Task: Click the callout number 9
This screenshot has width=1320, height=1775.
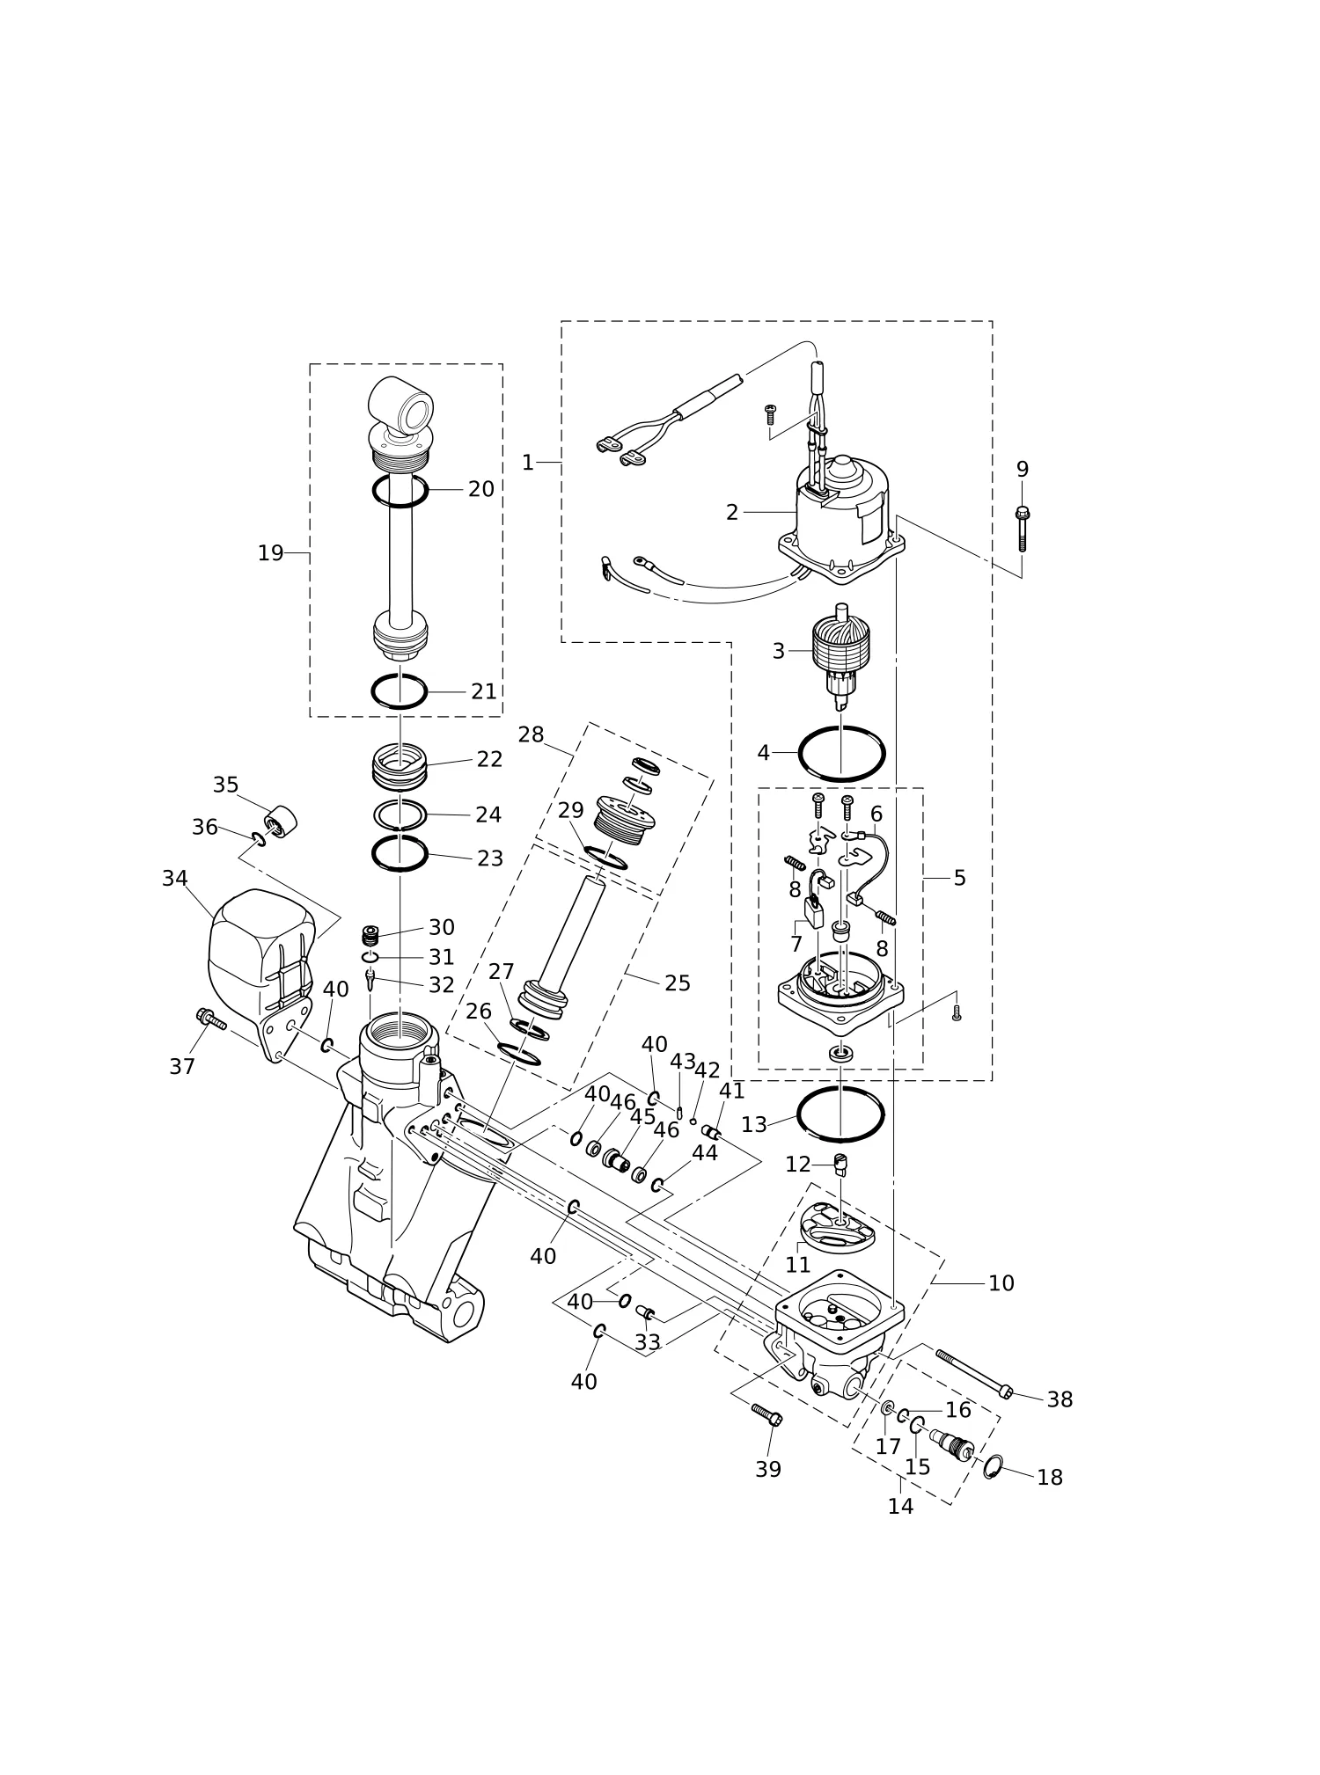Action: click(1022, 470)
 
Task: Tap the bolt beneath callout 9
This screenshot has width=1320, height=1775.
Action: click(1022, 530)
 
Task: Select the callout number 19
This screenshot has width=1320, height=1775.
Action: click(270, 553)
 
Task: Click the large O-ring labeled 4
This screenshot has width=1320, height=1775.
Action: click(841, 754)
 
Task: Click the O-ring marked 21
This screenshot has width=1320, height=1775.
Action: click(400, 691)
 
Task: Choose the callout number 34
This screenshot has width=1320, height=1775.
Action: click(175, 878)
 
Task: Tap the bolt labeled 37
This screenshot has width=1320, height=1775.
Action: click(210, 1019)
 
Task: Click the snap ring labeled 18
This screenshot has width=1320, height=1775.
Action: click(993, 1467)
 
